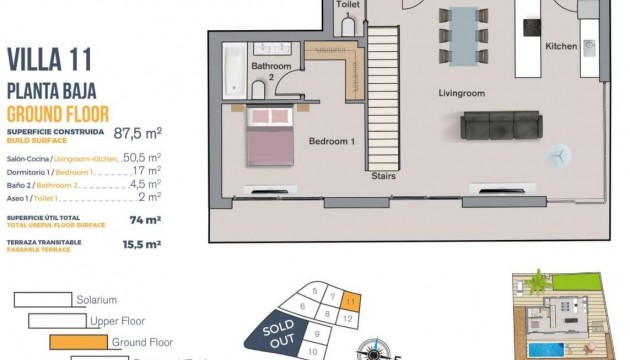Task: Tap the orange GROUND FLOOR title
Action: [x=58, y=113]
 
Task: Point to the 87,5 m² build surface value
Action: [x=138, y=132]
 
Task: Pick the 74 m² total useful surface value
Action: [x=144, y=219]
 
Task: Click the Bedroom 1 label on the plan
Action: [x=332, y=142]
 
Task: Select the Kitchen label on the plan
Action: [x=561, y=46]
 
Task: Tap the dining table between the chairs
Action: [x=464, y=35]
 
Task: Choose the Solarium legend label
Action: [x=96, y=299]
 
